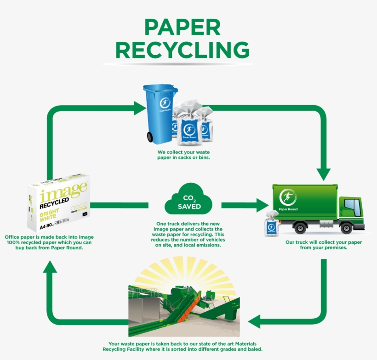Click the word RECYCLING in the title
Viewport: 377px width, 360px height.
tap(183, 50)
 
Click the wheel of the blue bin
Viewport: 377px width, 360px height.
tap(150, 136)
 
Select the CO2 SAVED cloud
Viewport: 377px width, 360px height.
tap(188, 201)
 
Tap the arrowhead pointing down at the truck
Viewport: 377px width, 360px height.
tap(324, 174)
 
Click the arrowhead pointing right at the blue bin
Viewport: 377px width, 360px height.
tap(139, 109)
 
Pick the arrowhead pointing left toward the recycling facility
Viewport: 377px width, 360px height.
tap(255, 321)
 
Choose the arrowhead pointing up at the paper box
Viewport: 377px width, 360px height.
tap(51, 266)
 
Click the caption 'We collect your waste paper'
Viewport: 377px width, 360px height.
tap(184, 155)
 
